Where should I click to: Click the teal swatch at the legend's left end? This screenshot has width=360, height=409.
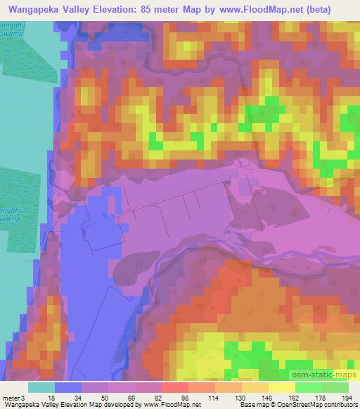pyautogui.click(x=41, y=387)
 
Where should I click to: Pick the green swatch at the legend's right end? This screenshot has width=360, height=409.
pyautogui.click(x=335, y=387)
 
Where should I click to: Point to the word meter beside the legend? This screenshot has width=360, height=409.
pyautogui.click(x=11, y=396)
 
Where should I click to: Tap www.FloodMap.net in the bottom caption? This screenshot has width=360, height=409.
pyautogui.click(x=173, y=405)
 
